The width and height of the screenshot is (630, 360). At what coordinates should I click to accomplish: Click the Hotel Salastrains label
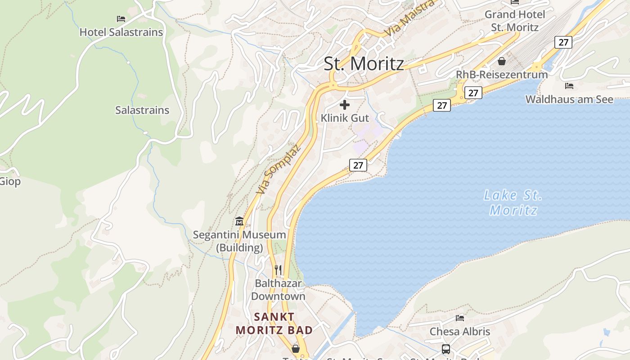[121, 32]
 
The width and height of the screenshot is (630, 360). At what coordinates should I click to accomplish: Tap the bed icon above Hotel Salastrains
[121, 19]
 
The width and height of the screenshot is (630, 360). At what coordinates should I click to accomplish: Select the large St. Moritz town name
[364, 63]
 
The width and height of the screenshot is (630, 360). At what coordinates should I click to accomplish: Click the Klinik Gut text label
[345, 118]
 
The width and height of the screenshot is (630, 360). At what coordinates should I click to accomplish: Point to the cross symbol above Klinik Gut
[345, 105]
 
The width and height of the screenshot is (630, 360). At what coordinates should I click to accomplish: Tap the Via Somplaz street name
[278, 169]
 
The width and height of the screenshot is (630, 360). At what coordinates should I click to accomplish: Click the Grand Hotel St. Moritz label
[514, 21]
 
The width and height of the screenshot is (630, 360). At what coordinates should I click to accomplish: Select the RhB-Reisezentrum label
[502, 75]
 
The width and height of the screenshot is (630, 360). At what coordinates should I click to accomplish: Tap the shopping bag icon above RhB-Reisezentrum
[502, 61]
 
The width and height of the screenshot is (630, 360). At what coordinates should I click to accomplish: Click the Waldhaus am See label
[569, 99]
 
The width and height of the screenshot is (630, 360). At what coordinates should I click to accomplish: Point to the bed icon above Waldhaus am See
[569, 86]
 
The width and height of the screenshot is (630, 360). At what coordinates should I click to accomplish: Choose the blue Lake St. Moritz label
[513, 202]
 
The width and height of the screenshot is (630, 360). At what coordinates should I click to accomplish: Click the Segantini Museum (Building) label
[239, 241]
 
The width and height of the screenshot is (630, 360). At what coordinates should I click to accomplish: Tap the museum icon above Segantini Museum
[239, 221]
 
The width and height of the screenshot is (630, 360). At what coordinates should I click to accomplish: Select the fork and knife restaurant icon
[278, 270]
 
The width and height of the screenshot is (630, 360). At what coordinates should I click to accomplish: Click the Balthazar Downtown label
[278, 290]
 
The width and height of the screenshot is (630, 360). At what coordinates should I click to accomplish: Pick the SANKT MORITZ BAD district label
[274, 323]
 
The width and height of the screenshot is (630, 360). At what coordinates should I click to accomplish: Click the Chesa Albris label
[459, 332]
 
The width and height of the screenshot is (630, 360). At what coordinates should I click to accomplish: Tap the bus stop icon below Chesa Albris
[446, 349]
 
